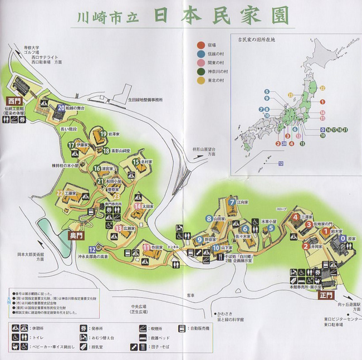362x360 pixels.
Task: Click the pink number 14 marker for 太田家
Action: pyautogui.click(x=138, y=206)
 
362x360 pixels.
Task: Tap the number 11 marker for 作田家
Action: pyautogui.click(x=146, y=247)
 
